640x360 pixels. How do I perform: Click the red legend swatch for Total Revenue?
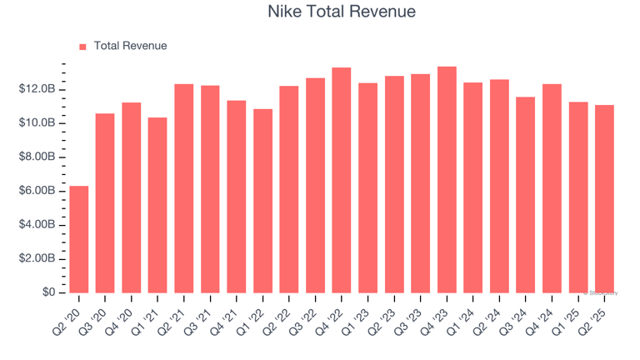[82, 47]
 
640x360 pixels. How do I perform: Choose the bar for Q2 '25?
[605, 199]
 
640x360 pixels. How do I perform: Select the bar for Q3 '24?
[526, 195]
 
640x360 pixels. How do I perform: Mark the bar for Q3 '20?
[105, 203]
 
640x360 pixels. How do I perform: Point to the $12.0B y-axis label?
[38, 89]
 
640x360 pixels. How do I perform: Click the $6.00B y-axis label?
[38, 191]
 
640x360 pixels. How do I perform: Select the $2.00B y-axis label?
[38, 259]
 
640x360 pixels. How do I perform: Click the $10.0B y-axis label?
[38, 123]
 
